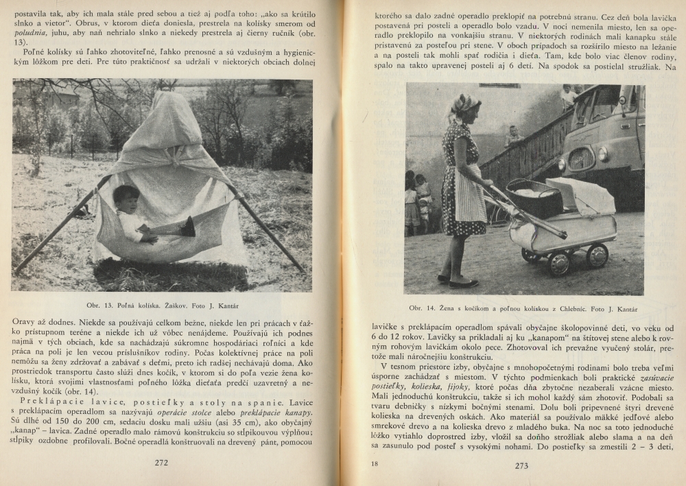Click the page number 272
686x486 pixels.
161,462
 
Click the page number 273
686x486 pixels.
521,465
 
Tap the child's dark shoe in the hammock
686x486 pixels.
188,227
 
